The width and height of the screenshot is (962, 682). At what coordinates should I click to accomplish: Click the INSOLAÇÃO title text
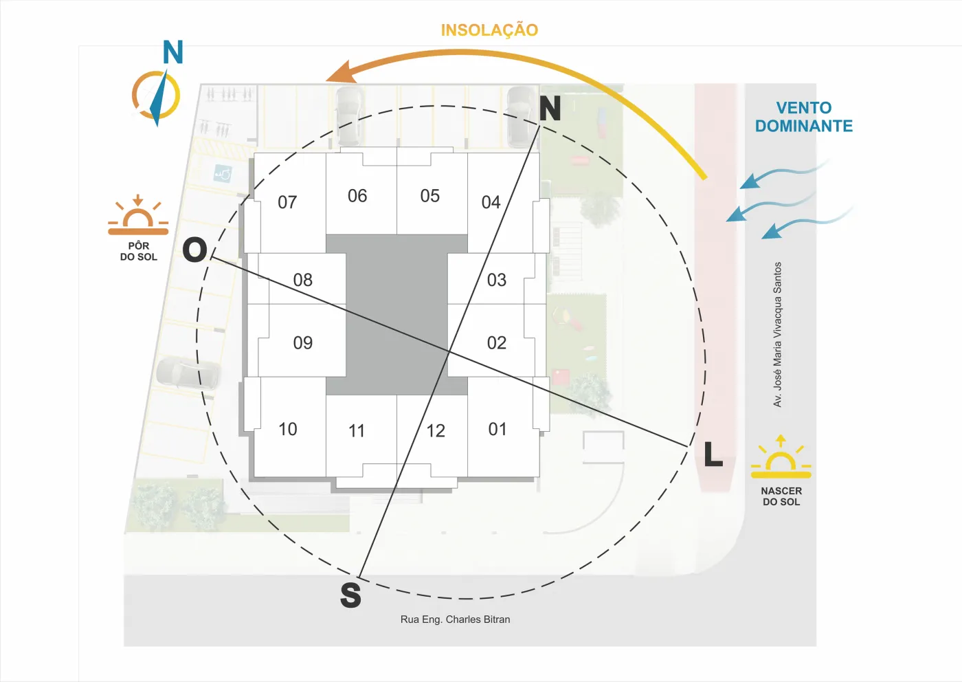click(x=489, y=30)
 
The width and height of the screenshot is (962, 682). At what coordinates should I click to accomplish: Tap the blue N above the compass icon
click(x=173, y=52)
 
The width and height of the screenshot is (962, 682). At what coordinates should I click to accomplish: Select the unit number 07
click(x=287, y=202)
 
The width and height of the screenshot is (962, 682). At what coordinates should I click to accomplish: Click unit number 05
click(x=430, y=195)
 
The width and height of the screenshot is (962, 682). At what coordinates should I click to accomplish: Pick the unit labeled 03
click(x=496, y=280)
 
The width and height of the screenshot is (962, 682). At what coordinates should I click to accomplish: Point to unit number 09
click(x=303, y=342)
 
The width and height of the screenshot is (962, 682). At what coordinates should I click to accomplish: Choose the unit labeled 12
click(x=436, y=430)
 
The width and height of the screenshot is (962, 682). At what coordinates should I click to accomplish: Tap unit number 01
click(x=497, y=429)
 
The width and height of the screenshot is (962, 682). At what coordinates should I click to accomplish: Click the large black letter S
click(x=350, y=595)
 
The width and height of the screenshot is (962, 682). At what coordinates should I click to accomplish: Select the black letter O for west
click(x=194, y=250)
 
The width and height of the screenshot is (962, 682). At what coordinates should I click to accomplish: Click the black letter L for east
click(x=713, y=454)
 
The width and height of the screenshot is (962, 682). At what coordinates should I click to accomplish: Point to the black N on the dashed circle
click(x=550, y=109)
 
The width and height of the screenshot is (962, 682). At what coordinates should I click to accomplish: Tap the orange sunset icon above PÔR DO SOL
click(x=138, y=215)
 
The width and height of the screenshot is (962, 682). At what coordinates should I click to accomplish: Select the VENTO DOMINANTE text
click(x=803, y=117)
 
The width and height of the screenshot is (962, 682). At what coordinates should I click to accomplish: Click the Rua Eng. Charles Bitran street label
click(x=455, y=619)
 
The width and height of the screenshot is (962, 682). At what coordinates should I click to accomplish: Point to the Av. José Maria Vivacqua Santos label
click(x=777, y=334)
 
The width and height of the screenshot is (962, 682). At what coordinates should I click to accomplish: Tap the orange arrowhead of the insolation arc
click(x=342, y=72)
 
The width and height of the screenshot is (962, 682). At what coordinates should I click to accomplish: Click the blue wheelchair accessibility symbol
click(x=223, y=174)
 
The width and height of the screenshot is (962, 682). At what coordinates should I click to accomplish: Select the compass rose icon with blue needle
click(x=156, y=96)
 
